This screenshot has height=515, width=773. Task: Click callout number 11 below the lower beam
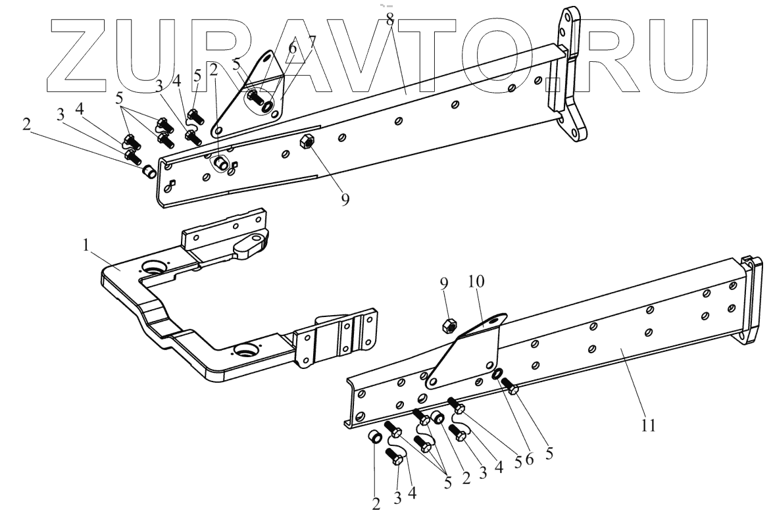point(649,426)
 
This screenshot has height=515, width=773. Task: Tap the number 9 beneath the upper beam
point(345,200)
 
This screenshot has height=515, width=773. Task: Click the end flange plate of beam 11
point(749,299)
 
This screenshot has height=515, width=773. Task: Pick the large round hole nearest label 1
point(155,268)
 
